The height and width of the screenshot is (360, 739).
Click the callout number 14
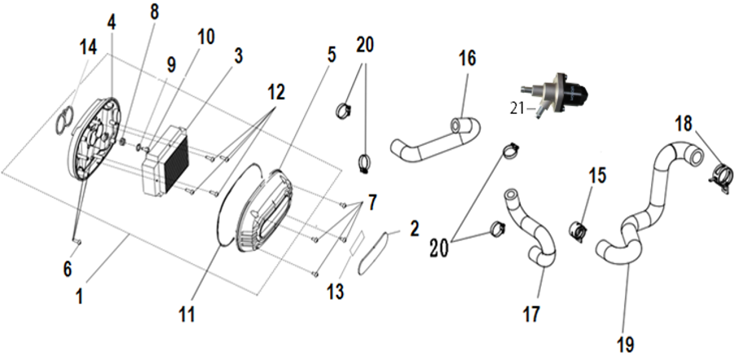click(88, 47)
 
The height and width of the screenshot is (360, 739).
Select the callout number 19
click(626, 345)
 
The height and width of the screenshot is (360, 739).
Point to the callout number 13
click(335, 292)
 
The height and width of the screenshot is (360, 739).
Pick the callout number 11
click(187, 314)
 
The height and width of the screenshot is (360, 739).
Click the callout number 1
click(79, 296)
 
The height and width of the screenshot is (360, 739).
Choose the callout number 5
click(332, 55)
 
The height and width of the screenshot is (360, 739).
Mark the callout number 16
click(467, 58)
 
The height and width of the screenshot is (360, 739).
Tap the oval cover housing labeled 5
click(264, 209)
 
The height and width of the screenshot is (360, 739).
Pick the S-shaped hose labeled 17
click(531, 226)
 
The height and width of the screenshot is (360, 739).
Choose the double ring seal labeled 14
click(65, 121)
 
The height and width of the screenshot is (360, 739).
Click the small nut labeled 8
click(121, 141)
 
